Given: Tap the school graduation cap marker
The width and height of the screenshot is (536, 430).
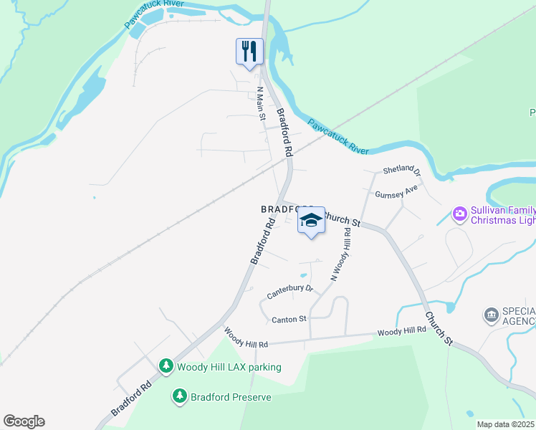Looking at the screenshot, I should click(x=311, y=221).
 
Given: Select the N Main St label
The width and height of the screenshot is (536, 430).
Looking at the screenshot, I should click(x=262, y=103).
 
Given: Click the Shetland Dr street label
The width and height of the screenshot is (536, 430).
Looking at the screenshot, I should click(x=401, y=170).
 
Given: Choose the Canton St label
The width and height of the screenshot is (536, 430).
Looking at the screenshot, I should click(x=289, y=319).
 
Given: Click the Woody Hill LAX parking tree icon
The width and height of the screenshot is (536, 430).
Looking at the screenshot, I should click(x=166, y=367).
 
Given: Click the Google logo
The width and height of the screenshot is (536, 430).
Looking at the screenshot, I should click(x=24, y=421).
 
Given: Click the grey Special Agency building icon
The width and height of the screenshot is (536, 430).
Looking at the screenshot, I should click(x=492, y=315).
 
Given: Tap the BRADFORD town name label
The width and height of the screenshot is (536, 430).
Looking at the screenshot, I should click(x=279, y=209).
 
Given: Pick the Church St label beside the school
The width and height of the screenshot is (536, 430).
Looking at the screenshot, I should click(x=340, y=218).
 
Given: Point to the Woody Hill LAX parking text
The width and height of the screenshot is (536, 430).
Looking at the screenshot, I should click(x=229, y=367).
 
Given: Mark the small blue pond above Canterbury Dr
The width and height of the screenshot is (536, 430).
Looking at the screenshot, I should click(x=304, y=274).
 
